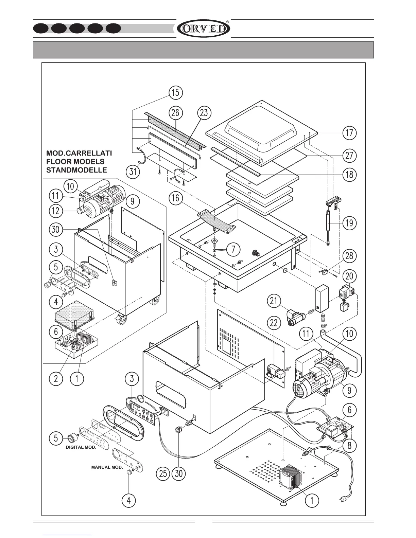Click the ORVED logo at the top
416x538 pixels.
pos(203,29)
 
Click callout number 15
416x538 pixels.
pos(176,93)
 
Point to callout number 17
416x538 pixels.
pos(350,132)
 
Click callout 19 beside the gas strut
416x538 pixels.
pos(349,223)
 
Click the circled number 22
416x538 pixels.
pos(274,323)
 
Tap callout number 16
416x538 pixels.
pos(176,198)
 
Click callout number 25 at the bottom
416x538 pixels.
pos(163,473)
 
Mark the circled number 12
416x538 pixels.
pos(56,211)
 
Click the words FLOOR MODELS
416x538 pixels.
pos(75,162)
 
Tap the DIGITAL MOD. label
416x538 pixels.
pos(81,447)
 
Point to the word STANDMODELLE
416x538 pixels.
pos(76,170)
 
